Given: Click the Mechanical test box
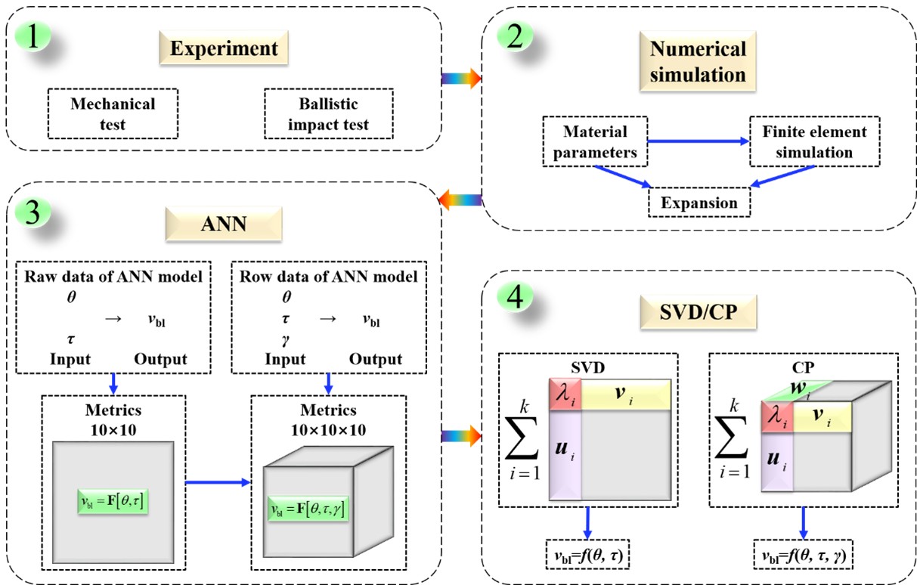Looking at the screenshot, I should pos(113,113).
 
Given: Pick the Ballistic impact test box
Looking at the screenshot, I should pos(329,113).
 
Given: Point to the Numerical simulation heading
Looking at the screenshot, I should pos(698,62).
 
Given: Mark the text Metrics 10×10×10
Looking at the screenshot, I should pos(328,420).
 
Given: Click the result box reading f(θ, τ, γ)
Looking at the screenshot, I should pos(804,557).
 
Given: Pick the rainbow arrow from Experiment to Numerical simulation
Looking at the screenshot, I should pos(460,77).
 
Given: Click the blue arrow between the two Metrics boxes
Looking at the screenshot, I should pos(217,481).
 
